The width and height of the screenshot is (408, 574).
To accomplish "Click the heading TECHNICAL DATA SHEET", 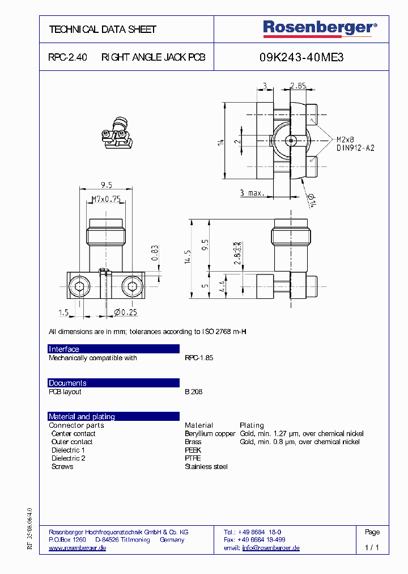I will point(103,29).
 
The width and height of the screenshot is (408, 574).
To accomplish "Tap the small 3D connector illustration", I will point(118,135).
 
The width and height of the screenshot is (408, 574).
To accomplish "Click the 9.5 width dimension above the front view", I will point(106,185).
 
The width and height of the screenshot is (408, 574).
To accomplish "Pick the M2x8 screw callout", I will point(345,140).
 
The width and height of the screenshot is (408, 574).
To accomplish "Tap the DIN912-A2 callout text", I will point(355,148).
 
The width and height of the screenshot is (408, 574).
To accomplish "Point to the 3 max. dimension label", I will point(252,193).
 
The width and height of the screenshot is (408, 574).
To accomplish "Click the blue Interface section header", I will point(113,349).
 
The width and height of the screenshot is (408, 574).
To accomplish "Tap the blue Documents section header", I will point(113,383).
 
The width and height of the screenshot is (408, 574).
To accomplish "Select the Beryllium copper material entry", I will point(210,434).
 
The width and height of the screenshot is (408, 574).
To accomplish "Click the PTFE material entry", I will point(193,458).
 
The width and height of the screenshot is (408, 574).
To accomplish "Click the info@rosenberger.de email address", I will point(270,548).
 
